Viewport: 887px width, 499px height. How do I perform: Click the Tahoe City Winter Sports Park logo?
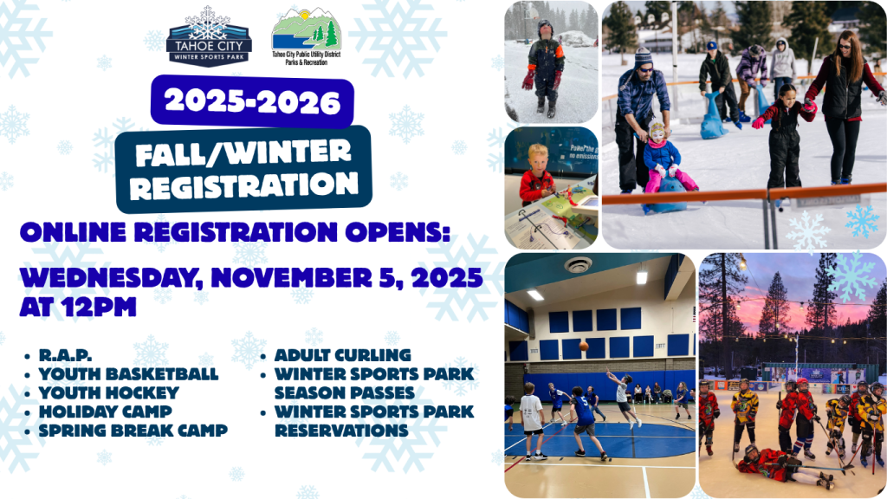tap(209, 36)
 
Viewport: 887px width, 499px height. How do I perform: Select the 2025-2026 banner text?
tap(252, 102)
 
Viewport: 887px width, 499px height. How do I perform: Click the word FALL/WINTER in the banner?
tap(243, 152)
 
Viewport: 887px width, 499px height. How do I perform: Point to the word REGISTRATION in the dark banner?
tap(243, 185)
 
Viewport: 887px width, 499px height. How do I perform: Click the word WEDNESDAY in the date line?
tap(112, 278)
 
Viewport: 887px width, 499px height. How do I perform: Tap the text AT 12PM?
tap(78, 308)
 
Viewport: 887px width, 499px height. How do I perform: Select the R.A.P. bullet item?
tap(65, 356)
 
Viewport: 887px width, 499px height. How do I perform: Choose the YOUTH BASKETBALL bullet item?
tap(128, 374)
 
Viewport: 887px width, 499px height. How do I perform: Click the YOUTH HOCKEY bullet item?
tap(108, 392)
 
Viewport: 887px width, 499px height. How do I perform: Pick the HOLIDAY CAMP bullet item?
tap(105, 412)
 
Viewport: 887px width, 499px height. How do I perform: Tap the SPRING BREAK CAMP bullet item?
tap(133, 431)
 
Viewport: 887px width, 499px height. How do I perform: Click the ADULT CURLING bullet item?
tap(343, 355)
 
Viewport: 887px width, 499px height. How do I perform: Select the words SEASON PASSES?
tap(345, 392)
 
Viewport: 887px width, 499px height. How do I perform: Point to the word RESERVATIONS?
tap(341, 431)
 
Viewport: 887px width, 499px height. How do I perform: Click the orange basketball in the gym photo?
tap(584, 347)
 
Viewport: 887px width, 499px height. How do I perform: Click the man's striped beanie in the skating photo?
tap(643, 56)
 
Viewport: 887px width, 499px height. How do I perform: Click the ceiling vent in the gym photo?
tap(578, 265)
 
